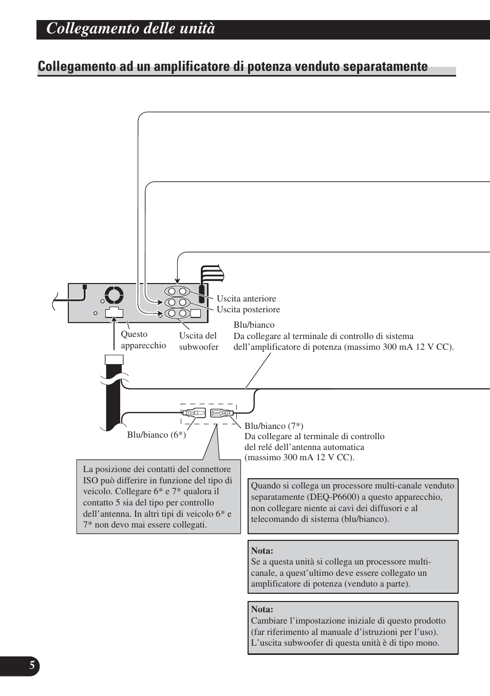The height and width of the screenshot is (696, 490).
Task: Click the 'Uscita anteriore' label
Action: [x=246, y=298]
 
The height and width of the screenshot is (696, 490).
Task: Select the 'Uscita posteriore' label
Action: [x=248, y=309]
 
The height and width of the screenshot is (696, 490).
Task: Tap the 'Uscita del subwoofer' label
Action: [x=199, y=341]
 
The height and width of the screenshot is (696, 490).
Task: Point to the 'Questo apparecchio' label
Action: [x=143, y=340]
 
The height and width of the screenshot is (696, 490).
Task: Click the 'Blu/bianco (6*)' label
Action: [x=157, y=435]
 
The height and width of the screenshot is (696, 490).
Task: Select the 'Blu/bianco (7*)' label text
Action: [x=274, y=426]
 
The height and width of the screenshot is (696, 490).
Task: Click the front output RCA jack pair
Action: [x=177, y=291]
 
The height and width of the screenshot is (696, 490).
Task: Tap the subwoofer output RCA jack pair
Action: [x=177, y=313]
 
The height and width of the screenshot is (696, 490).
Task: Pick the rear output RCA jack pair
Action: [x=177, y=303]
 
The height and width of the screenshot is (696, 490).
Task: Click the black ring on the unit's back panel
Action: [x=114, y=295]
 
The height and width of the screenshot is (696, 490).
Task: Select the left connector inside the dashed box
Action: [x=194, y=412]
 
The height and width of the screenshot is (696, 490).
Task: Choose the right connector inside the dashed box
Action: [x=222, y=412]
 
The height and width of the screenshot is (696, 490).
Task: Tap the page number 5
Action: [x=32, y=666]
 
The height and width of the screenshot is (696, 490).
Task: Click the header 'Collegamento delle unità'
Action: [x=130, y=29]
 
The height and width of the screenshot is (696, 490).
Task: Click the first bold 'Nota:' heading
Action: [x=262, y=551]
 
